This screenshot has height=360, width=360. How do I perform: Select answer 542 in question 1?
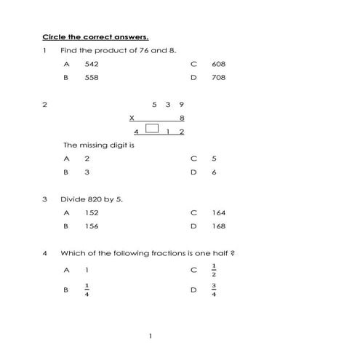pyautogui.click(x=91, y=64)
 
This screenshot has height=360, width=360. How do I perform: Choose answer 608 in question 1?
pyautogui.click(x=218, y=64)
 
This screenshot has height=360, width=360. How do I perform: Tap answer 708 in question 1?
pyautogui.click(x=218, y=77)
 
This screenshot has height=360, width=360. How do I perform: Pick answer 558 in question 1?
pyautogui.click(x=91, y=77)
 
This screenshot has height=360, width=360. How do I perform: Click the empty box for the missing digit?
pyautogui.click(x=152, y=129)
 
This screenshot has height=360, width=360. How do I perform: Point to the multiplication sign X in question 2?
pyautogui.click(x=132, y=117)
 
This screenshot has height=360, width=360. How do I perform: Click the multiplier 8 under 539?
pyautogui.click(x=182, y=117)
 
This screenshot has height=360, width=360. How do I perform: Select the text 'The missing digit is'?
pyautogui.click(x=98, y=144)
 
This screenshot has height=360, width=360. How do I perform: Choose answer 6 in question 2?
pyautogui.click(x=214, y=172)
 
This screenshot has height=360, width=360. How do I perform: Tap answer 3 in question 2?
pyautogui.click(x=87, y=172)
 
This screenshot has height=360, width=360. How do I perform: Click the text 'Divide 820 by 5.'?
pyautogui.click(x=92, y=199)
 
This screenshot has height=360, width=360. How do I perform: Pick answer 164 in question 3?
pyautogui.click(x=218, y=212)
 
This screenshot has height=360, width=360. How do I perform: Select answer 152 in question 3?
pyautogui.click(x=91, y=212)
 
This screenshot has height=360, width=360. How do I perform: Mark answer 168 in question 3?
pyautogui.click(x=218, y=226)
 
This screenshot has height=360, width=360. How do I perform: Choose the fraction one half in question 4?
pyautogui.click(x=214, y=270)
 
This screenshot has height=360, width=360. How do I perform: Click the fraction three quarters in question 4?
pyautogui.click(x=214, y=289)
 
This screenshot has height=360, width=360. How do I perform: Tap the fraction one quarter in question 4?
pyautogui.click(x=87, y=289)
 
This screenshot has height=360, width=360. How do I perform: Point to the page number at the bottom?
pyautogui.click(x=150, y=336)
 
